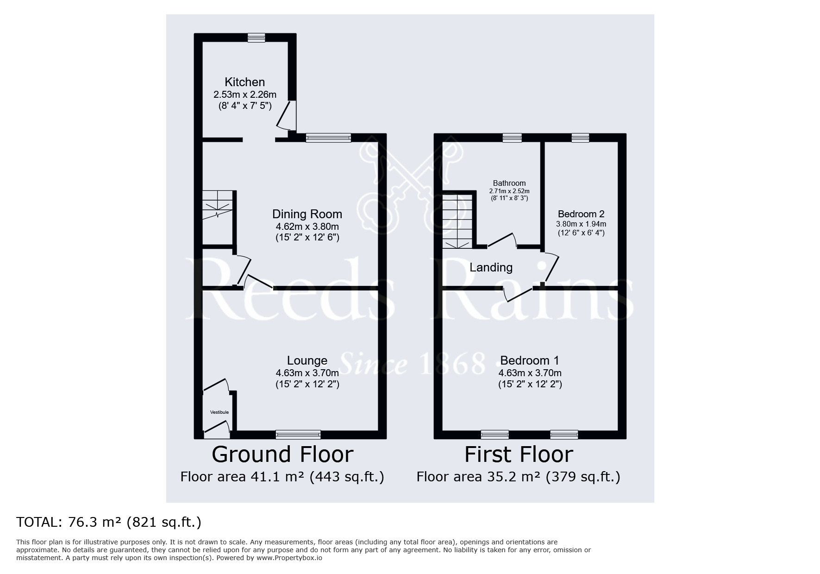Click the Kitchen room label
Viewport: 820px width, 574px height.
[x=244, y=82]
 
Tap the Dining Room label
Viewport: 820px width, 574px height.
[x=307, y=214]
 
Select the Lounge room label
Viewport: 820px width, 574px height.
[x=307, y=360]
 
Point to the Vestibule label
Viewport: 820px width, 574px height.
[x=219, y=412]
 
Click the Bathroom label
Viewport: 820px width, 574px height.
[x=509, y=183]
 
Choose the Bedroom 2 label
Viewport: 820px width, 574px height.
[x=581, y=214]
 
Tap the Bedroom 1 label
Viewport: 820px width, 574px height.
[x=530, y=360]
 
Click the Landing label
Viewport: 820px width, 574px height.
[x=491, y=268]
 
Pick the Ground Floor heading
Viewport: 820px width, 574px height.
[x=282, y=454]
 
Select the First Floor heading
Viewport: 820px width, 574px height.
[x=519, y=454]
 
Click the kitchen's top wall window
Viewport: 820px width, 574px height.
[x=256, y=38]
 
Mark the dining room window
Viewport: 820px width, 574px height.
[x=328, y=138]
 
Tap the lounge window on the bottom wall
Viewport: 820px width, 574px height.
[x=298, y=435]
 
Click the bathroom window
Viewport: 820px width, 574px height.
[x=512, y=138]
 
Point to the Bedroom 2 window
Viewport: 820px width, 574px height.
[x=580, y=138]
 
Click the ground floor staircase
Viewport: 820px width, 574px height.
[x=217, y=217]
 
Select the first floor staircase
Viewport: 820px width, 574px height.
[x=457, y=221]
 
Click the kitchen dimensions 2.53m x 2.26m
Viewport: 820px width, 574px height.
[x=244, y=95]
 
